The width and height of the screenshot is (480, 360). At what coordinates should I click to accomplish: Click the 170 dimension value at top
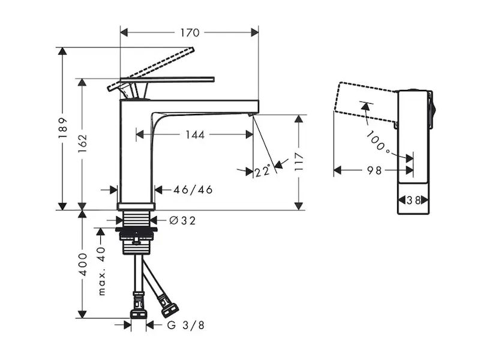click(x=189, y=32)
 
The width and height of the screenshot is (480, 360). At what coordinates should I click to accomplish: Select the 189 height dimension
click(x=62, y=128)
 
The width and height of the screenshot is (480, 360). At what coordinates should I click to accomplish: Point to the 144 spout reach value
click(x=194, y=135)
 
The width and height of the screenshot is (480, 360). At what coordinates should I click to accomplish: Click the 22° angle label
click(x=262, y=172)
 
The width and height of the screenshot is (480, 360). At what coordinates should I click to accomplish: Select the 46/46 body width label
click(x=193, y=190)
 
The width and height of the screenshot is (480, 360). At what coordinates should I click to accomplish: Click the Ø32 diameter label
click(x=182, y=221)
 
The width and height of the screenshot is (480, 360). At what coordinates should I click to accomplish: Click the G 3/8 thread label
click(x=185, y=325)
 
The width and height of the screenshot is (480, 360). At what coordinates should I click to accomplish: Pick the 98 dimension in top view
click(x=374, y=170)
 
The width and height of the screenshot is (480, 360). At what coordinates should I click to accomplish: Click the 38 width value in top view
click(x=413, y=200)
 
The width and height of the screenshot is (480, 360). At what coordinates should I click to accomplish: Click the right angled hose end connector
click(x=170, y=308)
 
